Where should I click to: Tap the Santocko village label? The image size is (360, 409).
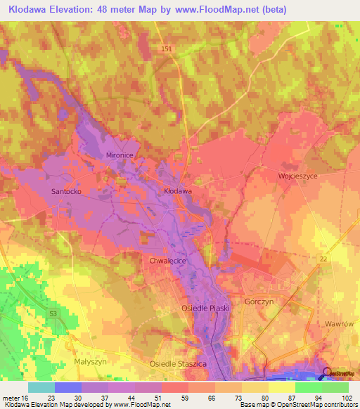(x=68, y=190)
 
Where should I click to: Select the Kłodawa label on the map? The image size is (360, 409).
(x=178, y=190)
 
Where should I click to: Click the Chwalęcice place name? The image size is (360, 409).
(x=167, y=260)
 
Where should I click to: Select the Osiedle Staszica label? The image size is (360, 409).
(x=178, y=364)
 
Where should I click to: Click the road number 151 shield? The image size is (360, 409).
(x=166, y=48)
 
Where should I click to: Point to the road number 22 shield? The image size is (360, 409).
(x=323, y=260)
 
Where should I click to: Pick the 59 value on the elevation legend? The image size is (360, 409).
(x=185, y=398)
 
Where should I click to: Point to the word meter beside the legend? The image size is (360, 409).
(x=10, y=398)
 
